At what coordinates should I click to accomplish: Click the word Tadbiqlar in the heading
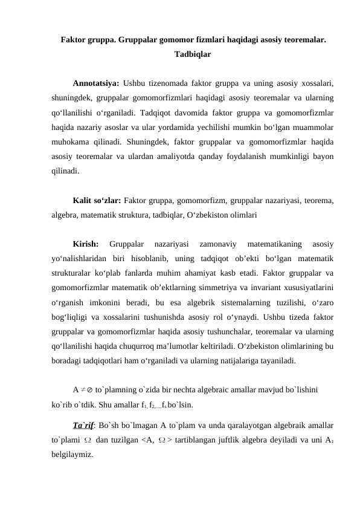pos(192,54)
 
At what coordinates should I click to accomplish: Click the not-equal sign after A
pos(83,391)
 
